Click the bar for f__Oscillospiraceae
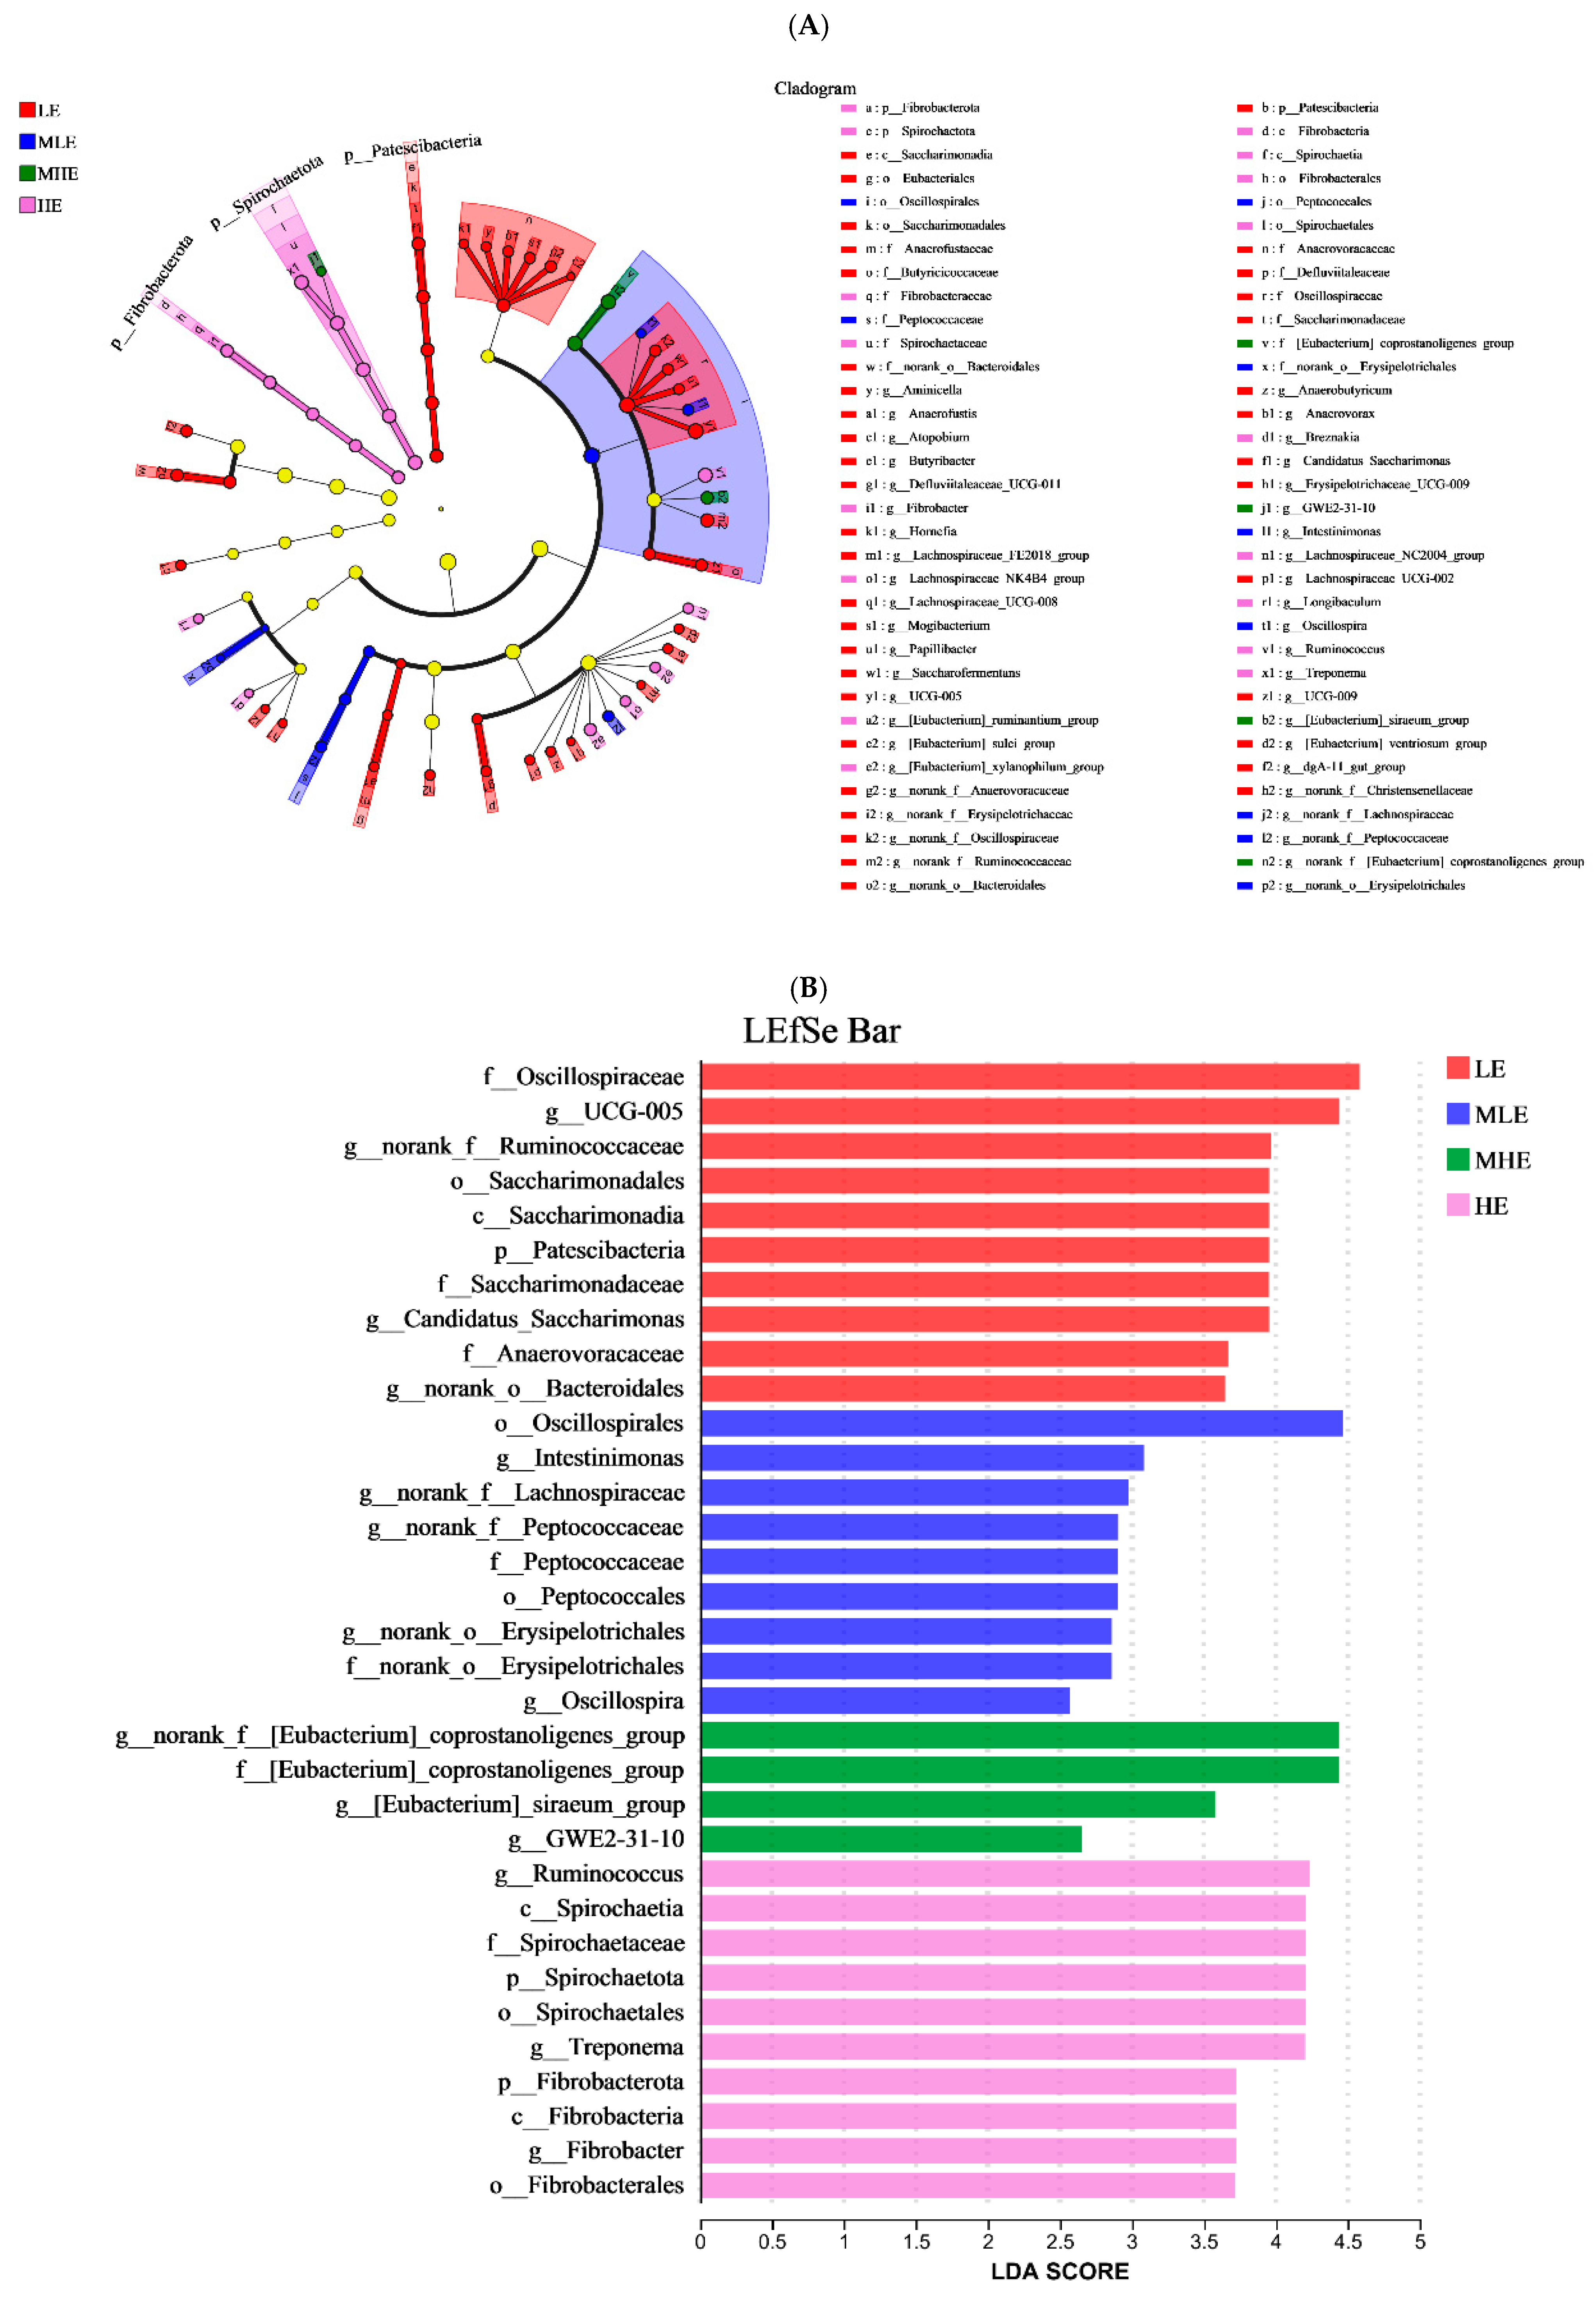coord(1029,1076)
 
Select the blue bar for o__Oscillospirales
coord(1021,1423)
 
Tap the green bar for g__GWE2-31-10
coord(890,1838)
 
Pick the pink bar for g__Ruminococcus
coord(1004,1873)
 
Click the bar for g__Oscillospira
coord(885,1700)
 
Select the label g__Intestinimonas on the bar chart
coord(590,1458)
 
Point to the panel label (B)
coord(808,988)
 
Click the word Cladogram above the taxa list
coord(815,88)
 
